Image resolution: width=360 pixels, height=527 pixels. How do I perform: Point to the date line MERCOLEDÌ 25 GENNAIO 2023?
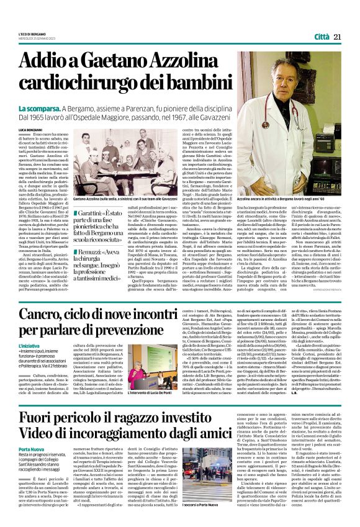click(x=38, y=38)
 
